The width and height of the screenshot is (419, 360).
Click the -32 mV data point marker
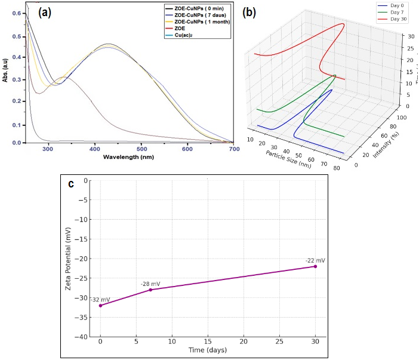100,306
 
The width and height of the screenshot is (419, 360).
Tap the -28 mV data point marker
150,290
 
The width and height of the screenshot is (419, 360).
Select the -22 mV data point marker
315,266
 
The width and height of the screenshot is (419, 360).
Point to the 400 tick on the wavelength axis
94,149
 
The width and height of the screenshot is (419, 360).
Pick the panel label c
71,184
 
